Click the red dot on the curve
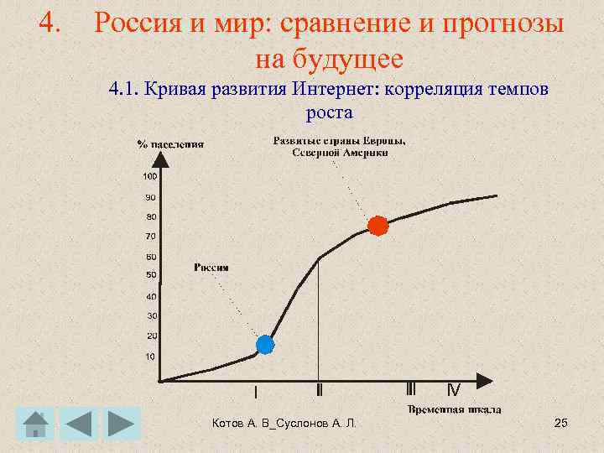coord(378,226)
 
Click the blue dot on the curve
coord(265,344)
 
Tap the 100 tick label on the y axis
coord(149,177)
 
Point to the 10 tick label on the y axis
coord(151,357)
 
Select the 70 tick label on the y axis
coord(151,237)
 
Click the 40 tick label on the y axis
coord(151,296)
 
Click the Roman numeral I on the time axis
coord(256,392)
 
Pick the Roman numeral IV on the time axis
coord(453,390)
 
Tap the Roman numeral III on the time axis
coord(410,390)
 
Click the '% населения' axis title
coord(170,143)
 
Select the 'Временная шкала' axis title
coord(455,409)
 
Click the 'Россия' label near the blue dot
coord(211,268)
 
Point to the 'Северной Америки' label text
coord(340,152)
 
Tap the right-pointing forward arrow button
coord(122,424)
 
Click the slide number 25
coord(561,423)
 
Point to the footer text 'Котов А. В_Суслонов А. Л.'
coord(284,424)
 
